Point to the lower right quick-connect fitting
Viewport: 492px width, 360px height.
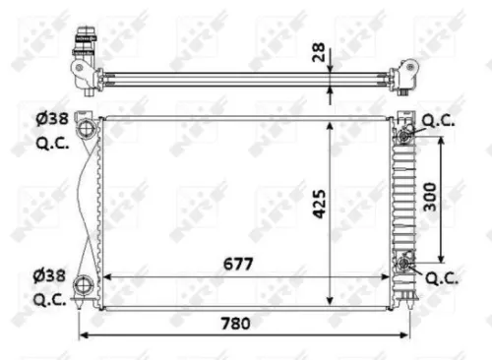tap(404, 263)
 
